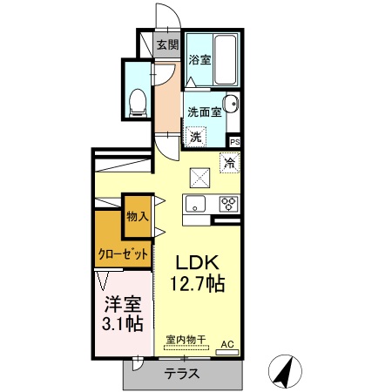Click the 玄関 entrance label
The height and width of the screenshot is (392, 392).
pos(167,44)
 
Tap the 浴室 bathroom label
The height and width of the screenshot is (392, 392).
pos(199,60)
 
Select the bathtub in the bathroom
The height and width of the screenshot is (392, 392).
pos(226,59)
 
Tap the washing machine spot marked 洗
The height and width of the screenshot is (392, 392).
pos(197,136)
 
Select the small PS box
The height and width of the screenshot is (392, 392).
pos(235,141)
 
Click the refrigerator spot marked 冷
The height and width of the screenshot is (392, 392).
pos(230,162)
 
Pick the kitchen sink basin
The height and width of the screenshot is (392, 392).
pos(193,205)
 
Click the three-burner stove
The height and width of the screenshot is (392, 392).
pos(229,205)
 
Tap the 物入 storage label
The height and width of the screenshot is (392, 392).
pos(137,215)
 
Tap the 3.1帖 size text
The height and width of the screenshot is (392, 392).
pos(122,325)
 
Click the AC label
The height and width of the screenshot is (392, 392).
pos(226,345)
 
